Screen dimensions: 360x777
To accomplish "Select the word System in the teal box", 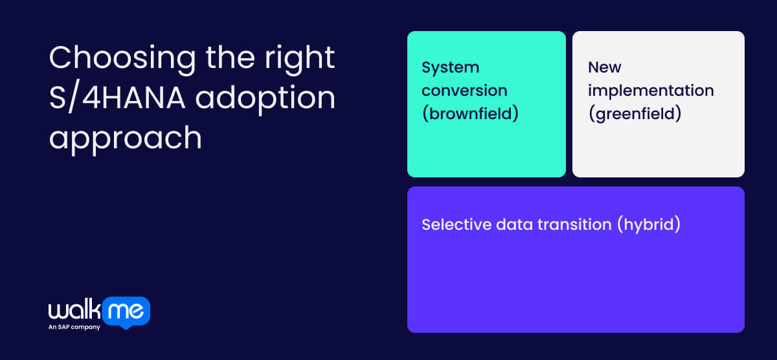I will point(451,67).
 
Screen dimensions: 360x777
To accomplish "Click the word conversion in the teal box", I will point(464,90).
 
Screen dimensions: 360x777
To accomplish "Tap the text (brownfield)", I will point(471,113).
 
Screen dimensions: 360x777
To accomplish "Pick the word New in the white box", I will point(605,67).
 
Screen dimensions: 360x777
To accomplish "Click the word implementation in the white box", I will point(651,90).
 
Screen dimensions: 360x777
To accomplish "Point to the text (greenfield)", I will point(635,113).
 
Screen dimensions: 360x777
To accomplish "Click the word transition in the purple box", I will point(577,225).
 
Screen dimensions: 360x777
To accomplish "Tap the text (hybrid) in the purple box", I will point(648,225).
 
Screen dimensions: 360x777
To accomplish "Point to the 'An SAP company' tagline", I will point(74,328).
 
